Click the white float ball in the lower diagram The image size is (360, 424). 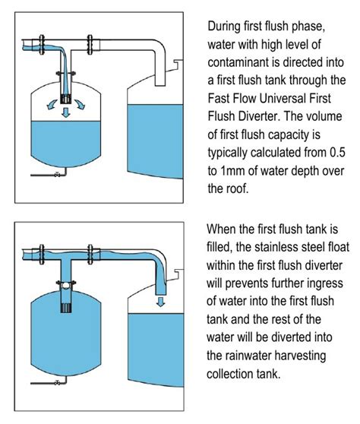point(65,285)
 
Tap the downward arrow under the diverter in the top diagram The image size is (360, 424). point(65,112)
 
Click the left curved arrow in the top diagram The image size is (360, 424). point(52,104)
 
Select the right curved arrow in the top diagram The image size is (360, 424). point(80,104)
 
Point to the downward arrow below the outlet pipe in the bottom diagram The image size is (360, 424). point(161,302)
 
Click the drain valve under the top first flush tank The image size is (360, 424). point(57,175)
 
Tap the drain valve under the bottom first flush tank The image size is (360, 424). point(57,383)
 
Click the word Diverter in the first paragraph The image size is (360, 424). point(259,116)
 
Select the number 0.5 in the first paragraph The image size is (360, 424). point(337,152)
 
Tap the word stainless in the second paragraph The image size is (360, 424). point(273,247)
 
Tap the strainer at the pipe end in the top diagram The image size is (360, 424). point(65,100)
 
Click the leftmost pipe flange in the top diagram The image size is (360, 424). point(42,45)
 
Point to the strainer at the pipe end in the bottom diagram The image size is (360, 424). point(66,308)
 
